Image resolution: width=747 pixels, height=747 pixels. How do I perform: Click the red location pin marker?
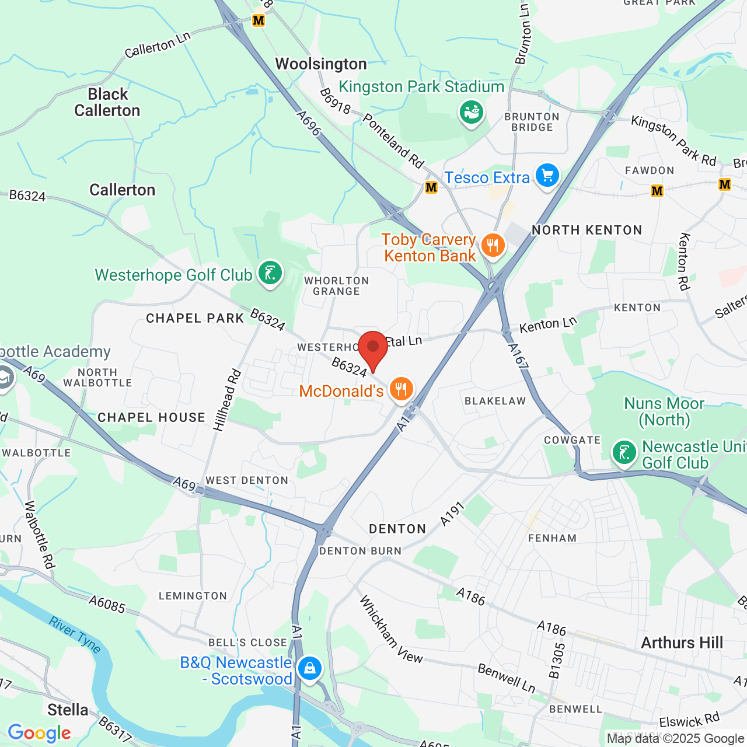tap(373, 348)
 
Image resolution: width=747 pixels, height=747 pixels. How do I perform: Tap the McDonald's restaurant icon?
tap(401, 388)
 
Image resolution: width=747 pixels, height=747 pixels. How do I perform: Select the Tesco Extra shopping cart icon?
tap(547, 175)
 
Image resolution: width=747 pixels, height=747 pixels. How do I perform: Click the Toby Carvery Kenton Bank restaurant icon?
tap(493, 245)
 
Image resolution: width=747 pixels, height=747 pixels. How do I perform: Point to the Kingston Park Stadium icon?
tap(472, 111)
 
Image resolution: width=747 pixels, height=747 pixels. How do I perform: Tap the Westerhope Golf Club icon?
tap(270, 273)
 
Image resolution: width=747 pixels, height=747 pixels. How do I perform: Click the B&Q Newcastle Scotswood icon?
tap(309, 668)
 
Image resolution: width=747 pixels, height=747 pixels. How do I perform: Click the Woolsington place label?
tap(321, 64)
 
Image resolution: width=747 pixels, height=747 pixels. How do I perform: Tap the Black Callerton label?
tap(107, 103)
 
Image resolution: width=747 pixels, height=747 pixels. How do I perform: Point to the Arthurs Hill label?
tap(682, 643)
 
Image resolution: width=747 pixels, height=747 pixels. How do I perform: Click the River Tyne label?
tap(75, 635)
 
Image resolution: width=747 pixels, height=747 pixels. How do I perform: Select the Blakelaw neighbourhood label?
tap(495, 401)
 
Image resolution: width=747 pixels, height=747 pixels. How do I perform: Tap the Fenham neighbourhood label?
tap(552, 538)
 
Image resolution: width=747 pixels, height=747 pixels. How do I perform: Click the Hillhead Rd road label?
tap(227, 400)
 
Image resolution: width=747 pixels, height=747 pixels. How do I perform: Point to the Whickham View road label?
tap(390, 630)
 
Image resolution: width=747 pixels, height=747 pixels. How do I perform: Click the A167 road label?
tap(518, 356)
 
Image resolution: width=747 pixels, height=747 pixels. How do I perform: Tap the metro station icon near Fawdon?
tap(657, 191)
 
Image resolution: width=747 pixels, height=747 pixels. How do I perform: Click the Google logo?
tap(39, 733)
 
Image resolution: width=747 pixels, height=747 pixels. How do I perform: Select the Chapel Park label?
tap(195, 319)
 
